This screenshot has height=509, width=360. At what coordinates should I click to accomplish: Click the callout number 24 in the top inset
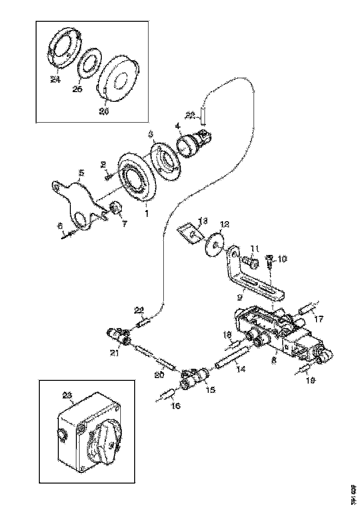(x=55, y=80)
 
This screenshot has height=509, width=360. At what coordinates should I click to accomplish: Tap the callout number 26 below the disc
(x=104, y=112)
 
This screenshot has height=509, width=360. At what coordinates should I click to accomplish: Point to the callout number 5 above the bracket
(x=81, y=173)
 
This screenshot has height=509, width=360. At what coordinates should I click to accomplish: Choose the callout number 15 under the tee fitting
(x=210, y=390)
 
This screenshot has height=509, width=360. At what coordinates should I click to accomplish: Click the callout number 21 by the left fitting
(x=114, y=354)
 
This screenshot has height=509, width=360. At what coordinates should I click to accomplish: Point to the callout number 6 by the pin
(x=59, y=225)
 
